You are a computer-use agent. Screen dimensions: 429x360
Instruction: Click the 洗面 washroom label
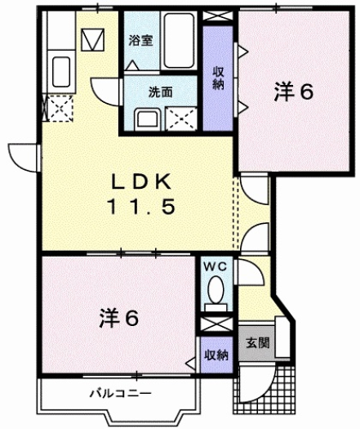point(160,92)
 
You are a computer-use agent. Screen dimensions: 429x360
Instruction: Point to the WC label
point(214,266)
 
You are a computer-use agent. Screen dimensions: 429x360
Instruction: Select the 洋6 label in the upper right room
point(293,93)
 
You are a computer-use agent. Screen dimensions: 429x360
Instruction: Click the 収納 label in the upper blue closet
point(220,77)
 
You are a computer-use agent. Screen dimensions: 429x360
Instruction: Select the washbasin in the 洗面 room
point(148,119)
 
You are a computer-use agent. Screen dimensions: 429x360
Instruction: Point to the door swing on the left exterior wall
point(22,153)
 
